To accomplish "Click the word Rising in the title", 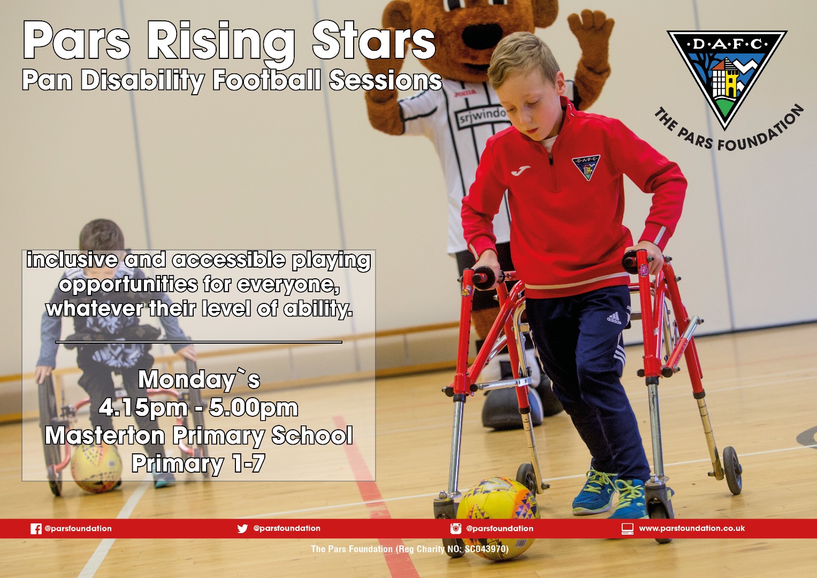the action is tap(220, 41).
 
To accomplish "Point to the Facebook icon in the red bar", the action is tap(36, 529).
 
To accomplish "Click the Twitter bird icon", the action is tap(242, 528).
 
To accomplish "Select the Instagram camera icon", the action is tap(455, 528).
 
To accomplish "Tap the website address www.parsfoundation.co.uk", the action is tap(692, 528).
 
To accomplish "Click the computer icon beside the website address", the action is tap(628, 529).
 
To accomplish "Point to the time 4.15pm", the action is tap(143, 408).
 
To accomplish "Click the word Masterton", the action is tap(105, 435).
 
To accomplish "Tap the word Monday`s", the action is tap(199, 379).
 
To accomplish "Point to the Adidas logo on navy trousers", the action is tap(614, 318).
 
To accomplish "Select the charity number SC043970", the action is tap(486, 549).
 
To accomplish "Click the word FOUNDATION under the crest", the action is tap(763, 130).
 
